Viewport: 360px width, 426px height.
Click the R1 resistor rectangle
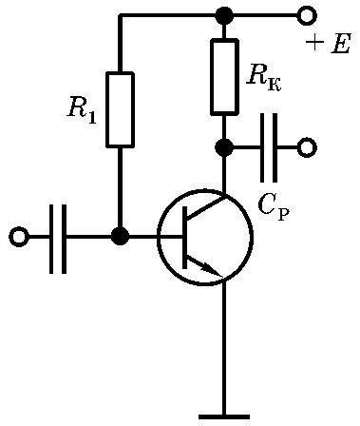point(120,109)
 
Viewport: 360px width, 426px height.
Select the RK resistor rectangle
point(224,76)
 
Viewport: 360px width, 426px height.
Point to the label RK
point(264,79)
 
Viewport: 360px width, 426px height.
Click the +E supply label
point(328,44)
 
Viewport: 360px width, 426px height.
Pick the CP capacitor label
point(274,206)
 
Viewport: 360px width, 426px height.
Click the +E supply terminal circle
point(307,15)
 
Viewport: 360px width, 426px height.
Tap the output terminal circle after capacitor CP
point(307,147)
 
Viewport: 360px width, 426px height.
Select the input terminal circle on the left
point(19,237)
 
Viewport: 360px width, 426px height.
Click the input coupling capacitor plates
point(58,239)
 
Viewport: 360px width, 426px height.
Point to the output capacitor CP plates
point(270,147)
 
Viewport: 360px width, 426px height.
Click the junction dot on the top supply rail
point(224,15)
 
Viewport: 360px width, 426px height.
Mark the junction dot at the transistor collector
point(224,147)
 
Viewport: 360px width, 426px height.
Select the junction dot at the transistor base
point(121,237)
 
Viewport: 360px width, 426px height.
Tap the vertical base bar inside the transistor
point(184,237)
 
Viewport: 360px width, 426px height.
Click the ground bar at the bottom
point(224,416)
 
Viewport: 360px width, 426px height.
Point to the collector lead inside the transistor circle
point(206,208)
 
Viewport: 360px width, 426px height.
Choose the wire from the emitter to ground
point(224,345)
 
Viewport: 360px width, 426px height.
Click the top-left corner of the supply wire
point(120,15)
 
